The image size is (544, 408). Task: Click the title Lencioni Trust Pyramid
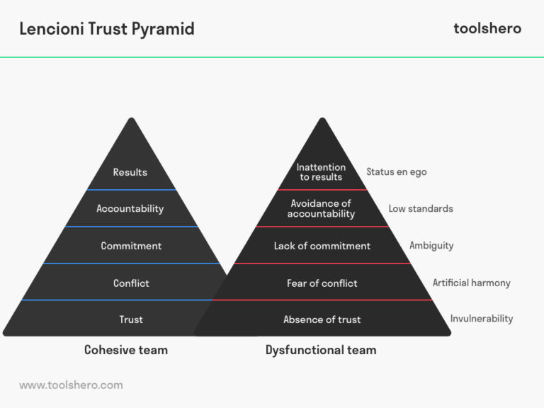coord(107,28)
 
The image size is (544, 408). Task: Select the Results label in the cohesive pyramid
coord(130,172)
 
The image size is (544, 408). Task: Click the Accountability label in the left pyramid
coord(130,209)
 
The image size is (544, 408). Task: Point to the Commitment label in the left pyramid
coord(131,246)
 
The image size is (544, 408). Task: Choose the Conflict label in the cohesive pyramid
coord(131,283)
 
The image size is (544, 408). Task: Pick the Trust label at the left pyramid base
coord(131,319)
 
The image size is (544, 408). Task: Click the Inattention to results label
coord(321,172)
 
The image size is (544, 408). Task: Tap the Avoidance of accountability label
coord(321,209)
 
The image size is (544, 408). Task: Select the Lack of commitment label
coord(322,246)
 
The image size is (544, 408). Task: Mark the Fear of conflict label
coord(322,283)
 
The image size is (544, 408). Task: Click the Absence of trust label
coord(322,319)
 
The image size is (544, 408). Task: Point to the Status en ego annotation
coord(397,172)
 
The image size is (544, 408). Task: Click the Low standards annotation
coord(421,209)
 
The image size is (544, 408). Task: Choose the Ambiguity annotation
coord(431,246)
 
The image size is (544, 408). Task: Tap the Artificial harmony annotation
coord(472,283)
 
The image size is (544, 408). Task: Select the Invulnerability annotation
coord(482,319)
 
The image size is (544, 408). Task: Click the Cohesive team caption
coord(126,350)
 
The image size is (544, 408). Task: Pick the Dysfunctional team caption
coord(321,350)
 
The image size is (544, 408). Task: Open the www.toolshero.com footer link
coord(71,385)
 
